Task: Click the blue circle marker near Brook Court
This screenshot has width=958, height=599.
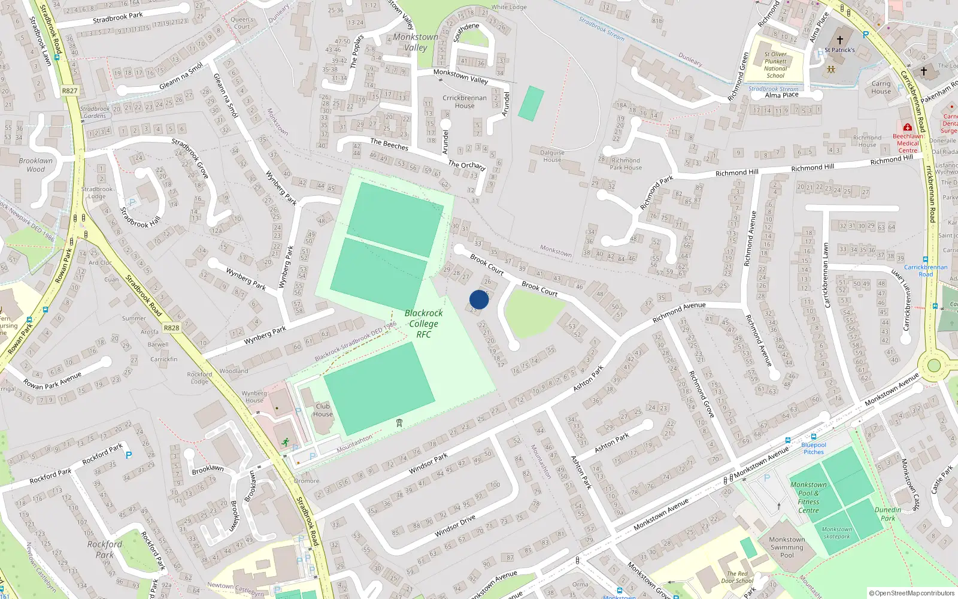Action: pyautogui.click(x=479, y=299)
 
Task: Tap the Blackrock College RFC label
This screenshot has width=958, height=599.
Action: pyautogui.click(x=423, y=323)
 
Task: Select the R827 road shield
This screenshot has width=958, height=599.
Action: pyautogui.click(x=69, y=91)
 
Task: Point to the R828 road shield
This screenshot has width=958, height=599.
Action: pyautogui.click(x=171, y=328)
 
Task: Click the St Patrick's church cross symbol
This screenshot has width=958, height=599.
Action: pyautogui.click(x=839, y=40)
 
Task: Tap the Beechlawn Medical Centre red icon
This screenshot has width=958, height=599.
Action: pyautogui.click(x=907, y=128)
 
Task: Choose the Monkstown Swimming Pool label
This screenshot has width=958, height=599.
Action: pyautogui.click(x=787, y=547)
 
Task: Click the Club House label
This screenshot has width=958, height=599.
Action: pyautogui.click(x=323, y=410)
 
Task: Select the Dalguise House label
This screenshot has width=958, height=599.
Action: pyautogui.click(x=552, y=156)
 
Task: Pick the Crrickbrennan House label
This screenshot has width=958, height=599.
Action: pyautogui.click(x=465, y=102)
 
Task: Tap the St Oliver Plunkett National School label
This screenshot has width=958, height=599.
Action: pyautogui.click(x=775, y=65)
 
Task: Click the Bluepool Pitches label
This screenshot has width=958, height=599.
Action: pyautogui.click(x=813, y=448)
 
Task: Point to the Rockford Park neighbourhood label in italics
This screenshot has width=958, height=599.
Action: pyautogui.click(x=105, y=549)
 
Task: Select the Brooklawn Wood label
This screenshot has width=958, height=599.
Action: pyautogui.click(x=36, y=165)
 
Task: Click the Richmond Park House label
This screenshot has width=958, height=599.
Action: pyautogui.click(x=626, y=164)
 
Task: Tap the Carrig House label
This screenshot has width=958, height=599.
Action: pyautogui.click(x=881, y=87)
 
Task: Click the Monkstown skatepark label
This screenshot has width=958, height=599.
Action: pyautogui.click(x=836, y=533)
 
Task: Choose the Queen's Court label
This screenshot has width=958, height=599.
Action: pyautogui.click(x=242, y=23)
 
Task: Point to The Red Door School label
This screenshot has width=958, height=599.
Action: pyautogui.click(x=737, y=577)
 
